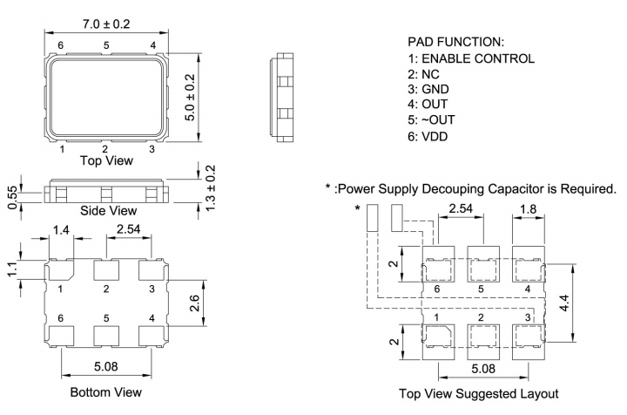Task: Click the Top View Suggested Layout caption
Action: coord(482,392)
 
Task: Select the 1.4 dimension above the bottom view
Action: coord(60,230)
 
